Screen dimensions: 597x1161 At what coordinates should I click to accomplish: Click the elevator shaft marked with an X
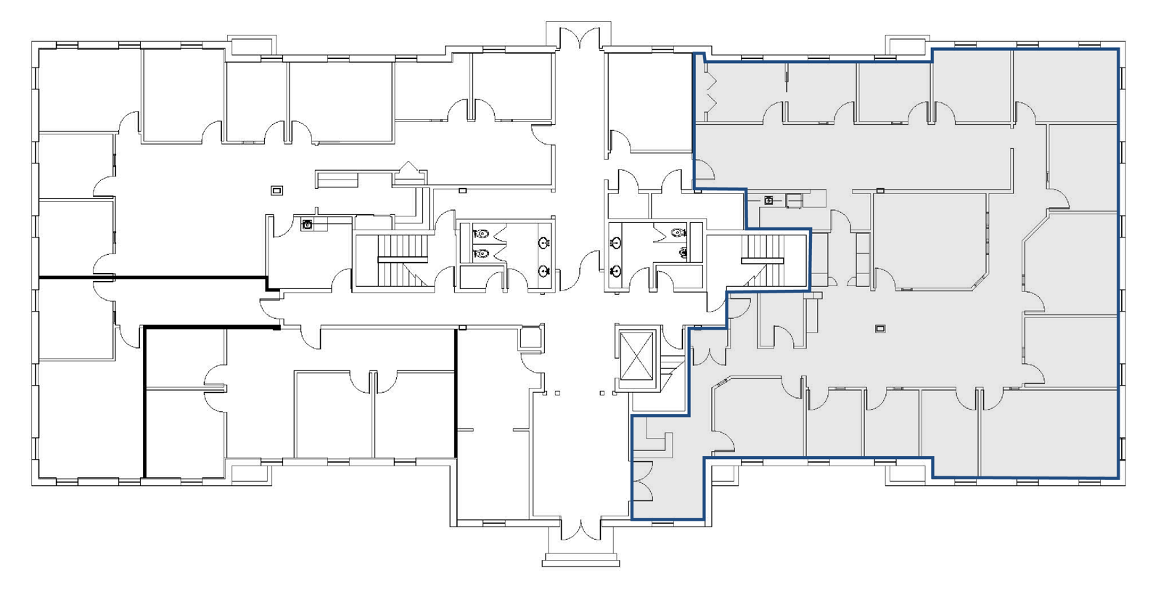point(637,355)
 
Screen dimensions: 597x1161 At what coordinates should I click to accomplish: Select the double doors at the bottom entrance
point(580,530)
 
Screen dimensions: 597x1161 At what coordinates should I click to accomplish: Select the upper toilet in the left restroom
point(481,235)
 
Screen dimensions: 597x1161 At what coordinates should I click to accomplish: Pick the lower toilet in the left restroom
point(481,253)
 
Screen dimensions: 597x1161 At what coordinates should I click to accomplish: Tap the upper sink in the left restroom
point(543,243)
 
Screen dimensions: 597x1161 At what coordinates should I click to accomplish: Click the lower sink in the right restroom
point(615,272)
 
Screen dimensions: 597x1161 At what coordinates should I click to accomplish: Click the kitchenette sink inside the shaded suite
point(768,200)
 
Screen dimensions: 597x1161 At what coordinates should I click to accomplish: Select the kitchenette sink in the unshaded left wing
point(307,225)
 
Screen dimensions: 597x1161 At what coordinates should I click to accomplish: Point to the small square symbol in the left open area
point(276,190)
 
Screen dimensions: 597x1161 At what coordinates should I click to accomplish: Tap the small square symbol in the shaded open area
point(879,329)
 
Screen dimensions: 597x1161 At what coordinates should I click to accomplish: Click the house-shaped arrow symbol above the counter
point(409,170)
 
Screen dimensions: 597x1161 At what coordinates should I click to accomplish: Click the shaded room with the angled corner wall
point(929,240)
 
